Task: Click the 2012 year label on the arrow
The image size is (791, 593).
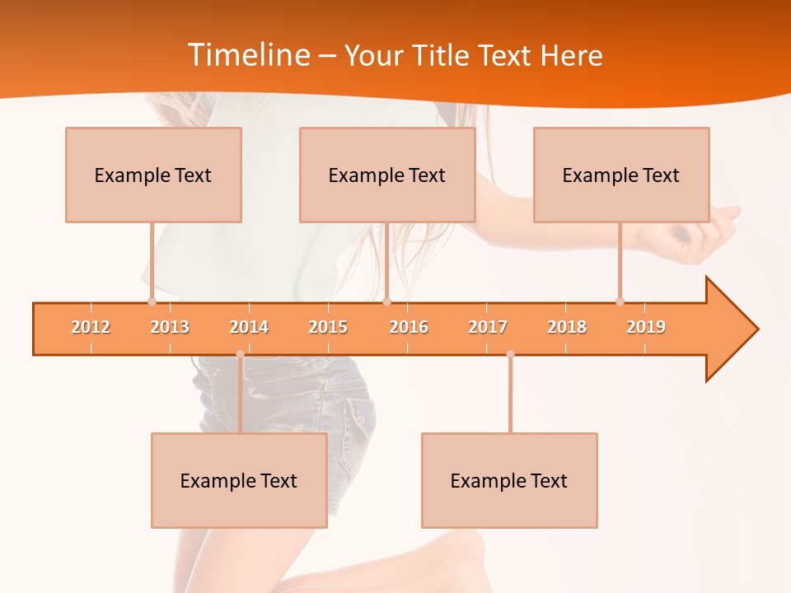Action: tap(91, 327)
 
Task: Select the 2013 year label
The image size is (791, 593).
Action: tap(170, 327)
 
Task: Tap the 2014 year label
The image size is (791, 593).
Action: tap(249, 327)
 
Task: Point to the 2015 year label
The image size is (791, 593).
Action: tap(328, 327)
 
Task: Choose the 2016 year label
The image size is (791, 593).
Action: tap(409, 327)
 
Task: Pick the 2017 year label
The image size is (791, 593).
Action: tap(488, 327)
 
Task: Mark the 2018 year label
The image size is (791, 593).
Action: tap(567, 327)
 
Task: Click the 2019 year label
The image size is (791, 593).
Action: tap(646, 327)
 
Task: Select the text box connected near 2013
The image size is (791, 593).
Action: tap(153, 175)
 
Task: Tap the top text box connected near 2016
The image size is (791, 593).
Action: tap(387, 175)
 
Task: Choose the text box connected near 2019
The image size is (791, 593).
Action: tap(621, 175)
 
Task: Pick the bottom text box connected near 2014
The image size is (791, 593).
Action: tap(239, 480)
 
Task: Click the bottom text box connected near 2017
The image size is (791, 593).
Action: tap(509, 480)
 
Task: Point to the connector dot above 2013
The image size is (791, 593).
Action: tap(152, 301)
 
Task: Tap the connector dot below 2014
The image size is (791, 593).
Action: tap(240, 354)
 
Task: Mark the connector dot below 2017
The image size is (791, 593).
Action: tap(510, 354)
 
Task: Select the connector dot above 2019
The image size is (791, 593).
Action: tap(620, 301)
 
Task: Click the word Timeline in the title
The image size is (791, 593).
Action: tap(248, 55)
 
